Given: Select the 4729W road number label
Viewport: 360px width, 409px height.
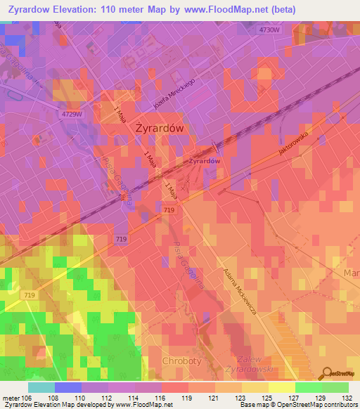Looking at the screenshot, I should click(x=72, y=114).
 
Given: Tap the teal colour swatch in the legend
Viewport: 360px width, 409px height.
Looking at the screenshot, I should click(x=41, y=387).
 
